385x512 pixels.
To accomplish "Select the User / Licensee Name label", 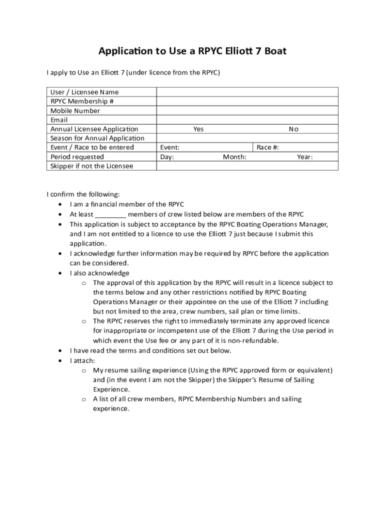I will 84,92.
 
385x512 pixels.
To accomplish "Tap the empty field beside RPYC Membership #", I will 247,101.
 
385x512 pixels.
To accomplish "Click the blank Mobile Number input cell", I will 247,110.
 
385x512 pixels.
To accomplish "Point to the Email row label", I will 59,120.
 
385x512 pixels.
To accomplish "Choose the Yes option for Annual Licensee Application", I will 198,129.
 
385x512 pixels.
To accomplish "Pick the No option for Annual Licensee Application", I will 293,129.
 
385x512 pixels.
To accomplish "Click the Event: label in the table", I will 170,147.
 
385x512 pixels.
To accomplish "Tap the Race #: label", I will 267,147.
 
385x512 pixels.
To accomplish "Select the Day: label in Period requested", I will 167,157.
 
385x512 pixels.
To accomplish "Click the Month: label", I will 234,157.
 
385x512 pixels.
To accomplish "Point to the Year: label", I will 304,157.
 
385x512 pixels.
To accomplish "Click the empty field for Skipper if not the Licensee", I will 247,166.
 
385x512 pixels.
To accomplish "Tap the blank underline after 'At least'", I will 110,214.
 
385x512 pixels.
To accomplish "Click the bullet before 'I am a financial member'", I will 60,204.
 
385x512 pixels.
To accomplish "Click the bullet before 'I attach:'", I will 60,360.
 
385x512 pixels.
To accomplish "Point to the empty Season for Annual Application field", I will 247,138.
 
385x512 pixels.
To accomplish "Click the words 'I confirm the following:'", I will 83,194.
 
